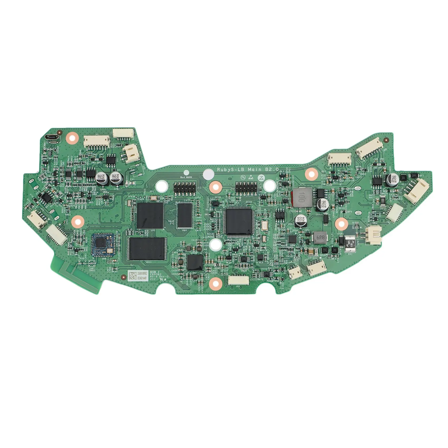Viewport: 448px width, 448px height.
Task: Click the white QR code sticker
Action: [x=132, y=276]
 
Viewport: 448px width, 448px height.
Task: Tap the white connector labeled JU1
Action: [x=238, y=280]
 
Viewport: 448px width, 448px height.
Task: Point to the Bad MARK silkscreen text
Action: [x=186, y=177]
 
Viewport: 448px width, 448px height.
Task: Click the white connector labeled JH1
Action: [x=316, y=269]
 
